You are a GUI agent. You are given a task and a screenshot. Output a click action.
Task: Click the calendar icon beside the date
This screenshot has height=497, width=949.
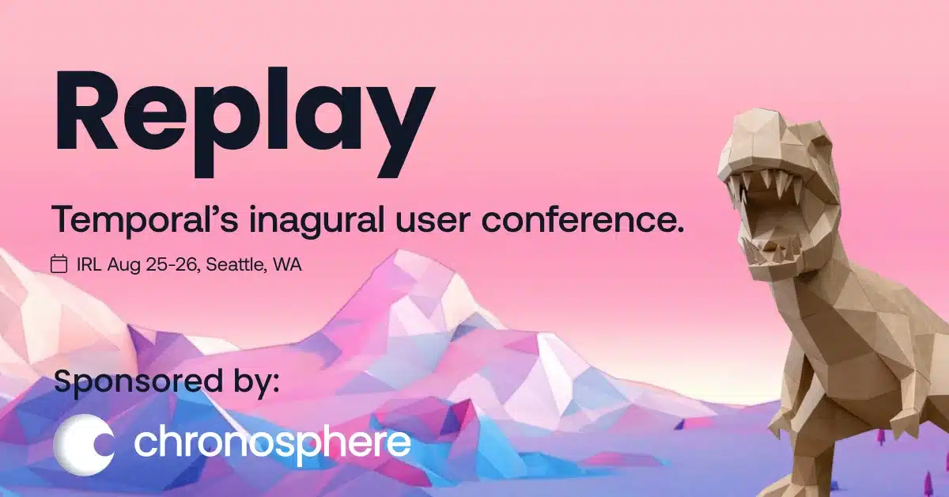point(59,264)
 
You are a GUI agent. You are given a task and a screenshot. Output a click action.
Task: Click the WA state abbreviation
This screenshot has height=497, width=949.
point(287,264)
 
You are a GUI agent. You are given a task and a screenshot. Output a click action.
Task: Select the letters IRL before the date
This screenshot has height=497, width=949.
point(86,264)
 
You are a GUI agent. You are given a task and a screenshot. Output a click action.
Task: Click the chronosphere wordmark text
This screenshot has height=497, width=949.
point(272,443)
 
